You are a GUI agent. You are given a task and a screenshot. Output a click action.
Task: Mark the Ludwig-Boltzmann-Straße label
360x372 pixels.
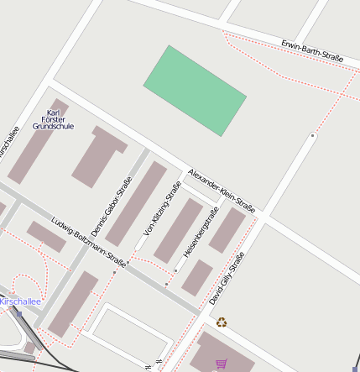87,242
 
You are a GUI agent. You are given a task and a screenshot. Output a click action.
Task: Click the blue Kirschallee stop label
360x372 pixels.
19,301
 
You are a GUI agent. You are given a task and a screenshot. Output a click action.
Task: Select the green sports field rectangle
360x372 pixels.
195,90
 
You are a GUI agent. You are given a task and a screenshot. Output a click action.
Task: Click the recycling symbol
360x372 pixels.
222,322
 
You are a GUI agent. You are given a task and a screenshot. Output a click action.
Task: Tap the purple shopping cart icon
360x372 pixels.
222,364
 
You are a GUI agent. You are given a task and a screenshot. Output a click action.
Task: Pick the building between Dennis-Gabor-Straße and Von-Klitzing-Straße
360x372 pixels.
135,204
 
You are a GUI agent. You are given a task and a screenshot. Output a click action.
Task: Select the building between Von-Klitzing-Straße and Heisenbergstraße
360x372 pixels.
179,229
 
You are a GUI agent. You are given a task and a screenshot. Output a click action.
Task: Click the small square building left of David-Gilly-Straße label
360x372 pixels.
197,277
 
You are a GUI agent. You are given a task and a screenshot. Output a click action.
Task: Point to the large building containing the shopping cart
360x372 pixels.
222,353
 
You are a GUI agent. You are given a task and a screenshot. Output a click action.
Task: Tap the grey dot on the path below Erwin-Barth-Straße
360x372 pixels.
313,134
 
